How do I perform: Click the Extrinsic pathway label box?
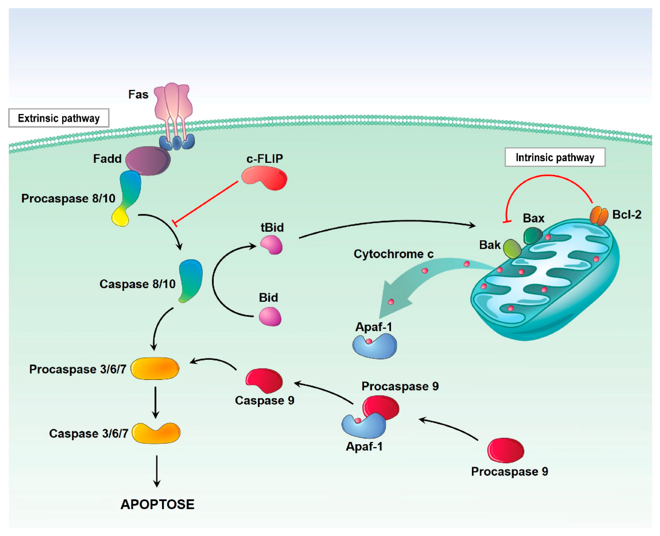59,118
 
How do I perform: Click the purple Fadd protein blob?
148,161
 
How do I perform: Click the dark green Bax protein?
532,236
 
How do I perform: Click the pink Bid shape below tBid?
270,316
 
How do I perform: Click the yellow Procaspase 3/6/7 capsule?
155,368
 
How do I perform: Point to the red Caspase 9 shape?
264,380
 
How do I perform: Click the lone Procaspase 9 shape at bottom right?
505,450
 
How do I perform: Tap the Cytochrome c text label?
393,254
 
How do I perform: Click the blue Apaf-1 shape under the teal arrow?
375,347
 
